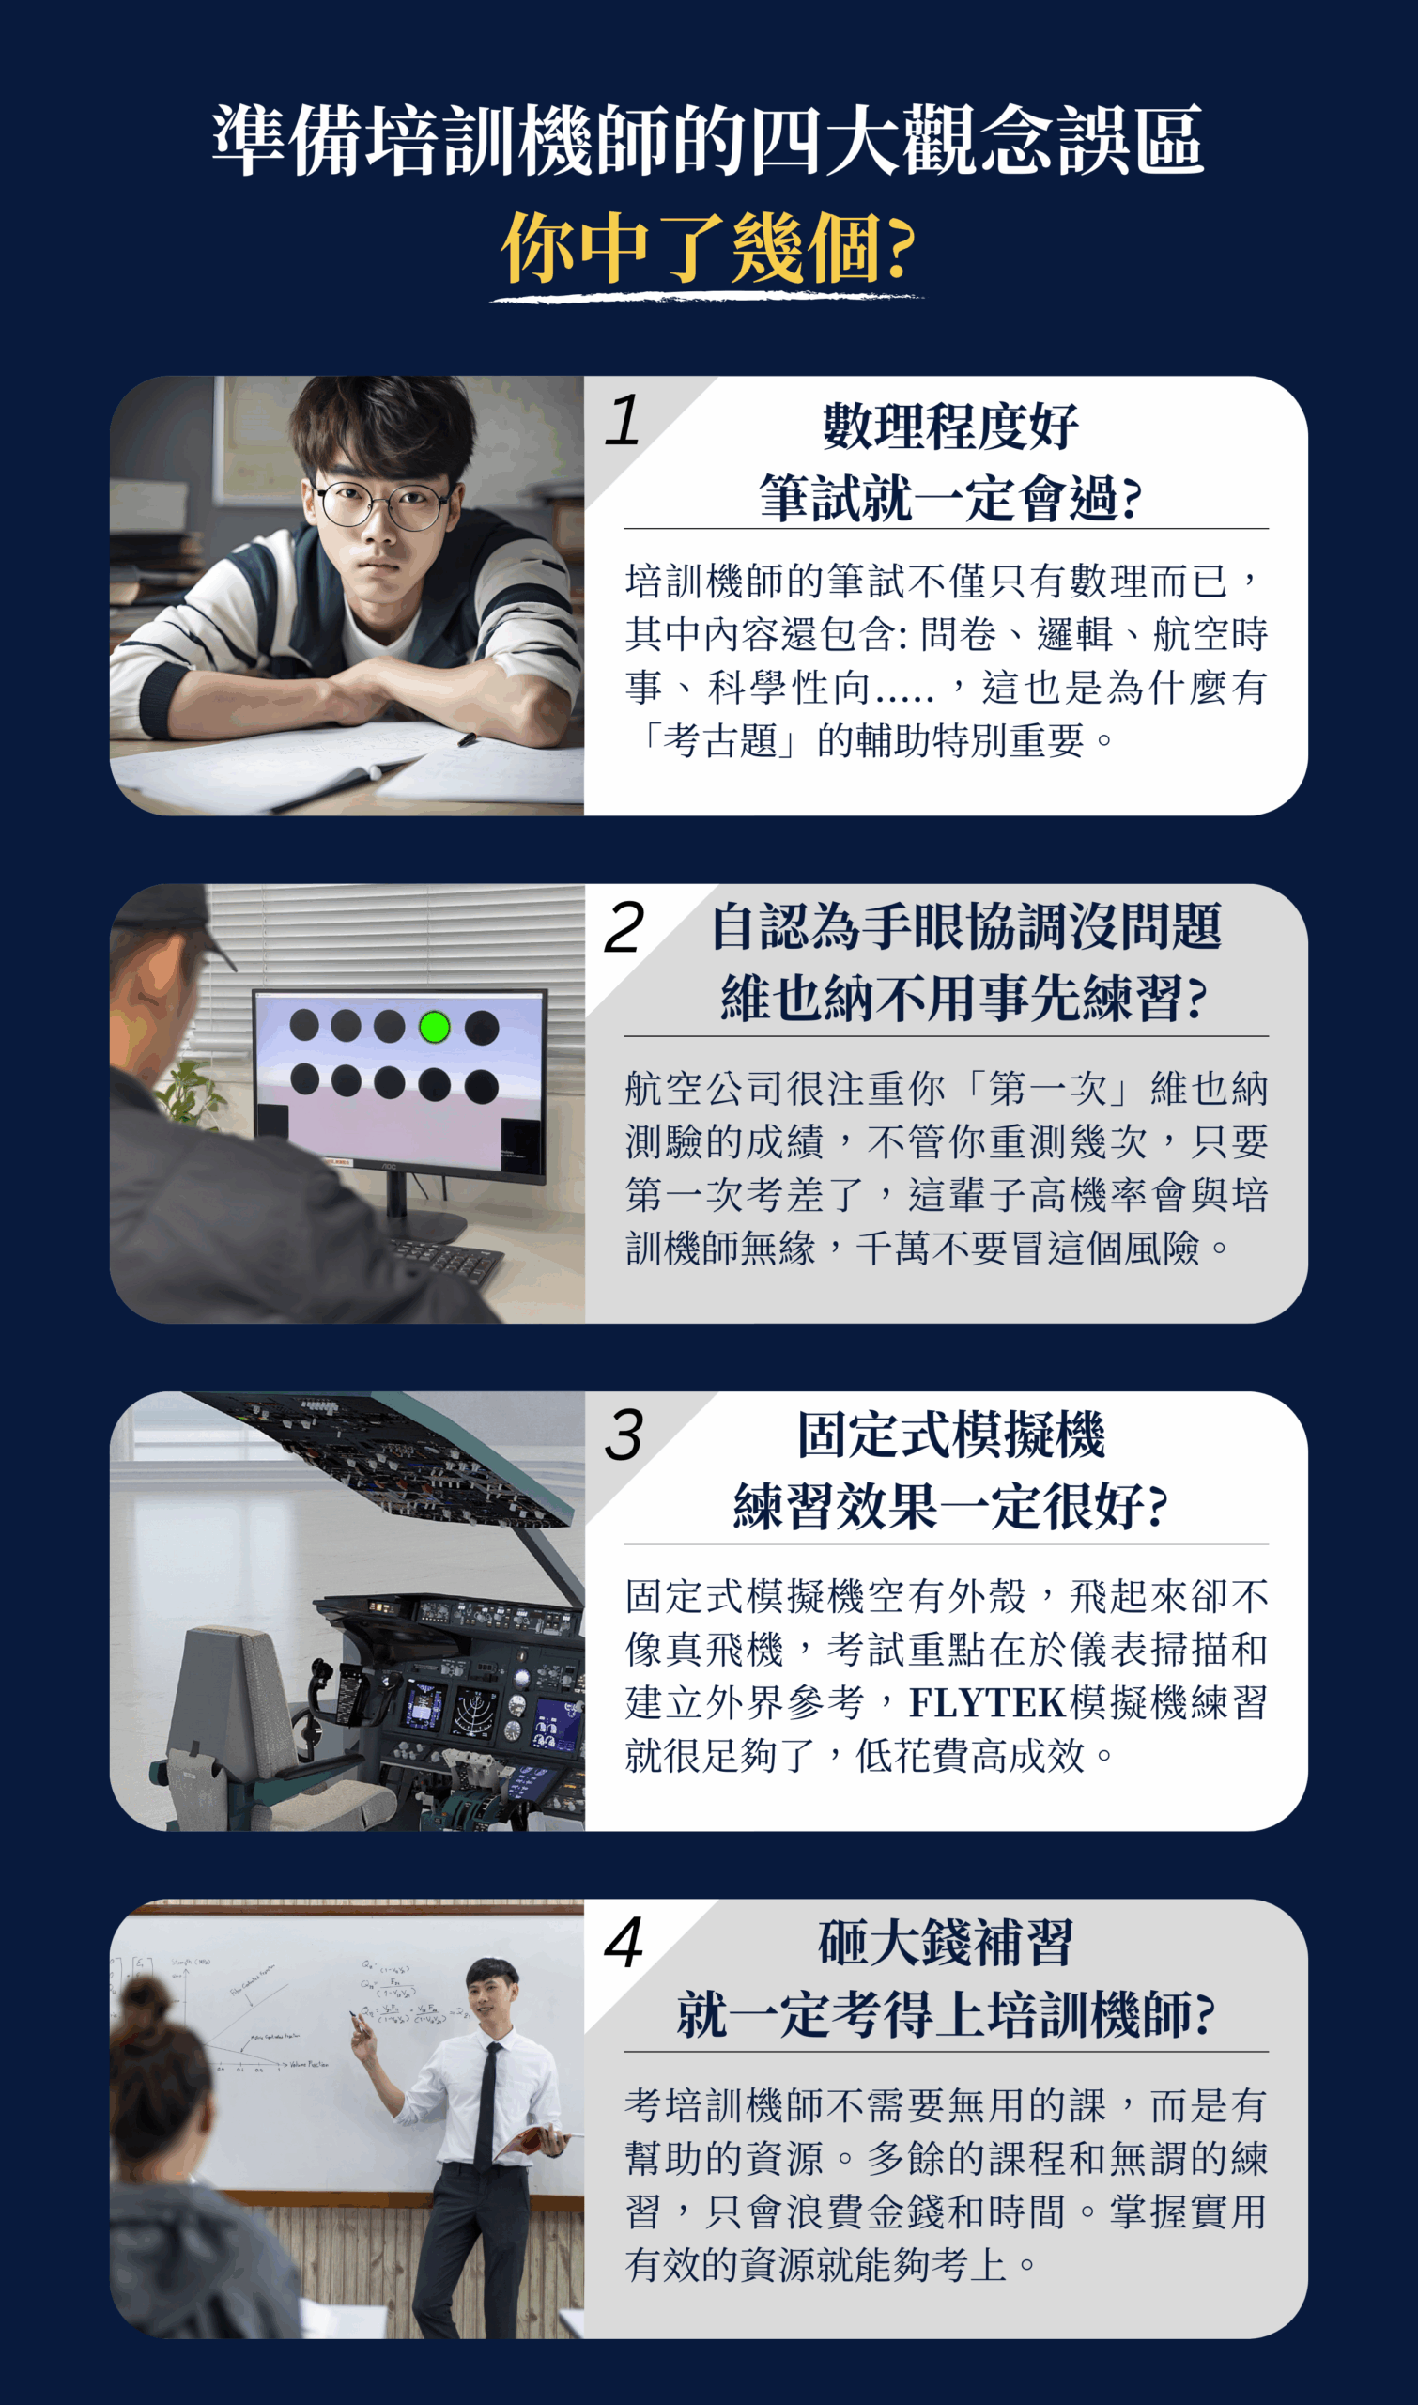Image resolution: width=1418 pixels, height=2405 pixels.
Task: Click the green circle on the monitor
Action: pos(435,1027)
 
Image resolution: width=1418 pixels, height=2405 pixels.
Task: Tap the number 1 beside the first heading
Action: pos(623,421)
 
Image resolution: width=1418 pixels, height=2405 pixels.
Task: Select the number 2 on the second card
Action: pos(624,928)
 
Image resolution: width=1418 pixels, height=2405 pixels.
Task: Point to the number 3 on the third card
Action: pos(624,1435)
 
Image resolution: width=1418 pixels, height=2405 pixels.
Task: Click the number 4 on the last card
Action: pos(624,1944)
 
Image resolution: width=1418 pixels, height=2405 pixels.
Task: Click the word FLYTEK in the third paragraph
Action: pos(986,1702)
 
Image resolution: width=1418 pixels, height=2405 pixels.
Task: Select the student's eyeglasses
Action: pos(382,504)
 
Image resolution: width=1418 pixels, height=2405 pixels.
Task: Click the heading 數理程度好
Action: pos(949,427)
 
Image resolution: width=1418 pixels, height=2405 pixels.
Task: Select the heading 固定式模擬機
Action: pos(949,1435)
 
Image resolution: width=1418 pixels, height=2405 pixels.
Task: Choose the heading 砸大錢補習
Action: pos(945,1944)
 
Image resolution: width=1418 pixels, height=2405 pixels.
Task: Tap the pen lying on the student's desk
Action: pos(467,739)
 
